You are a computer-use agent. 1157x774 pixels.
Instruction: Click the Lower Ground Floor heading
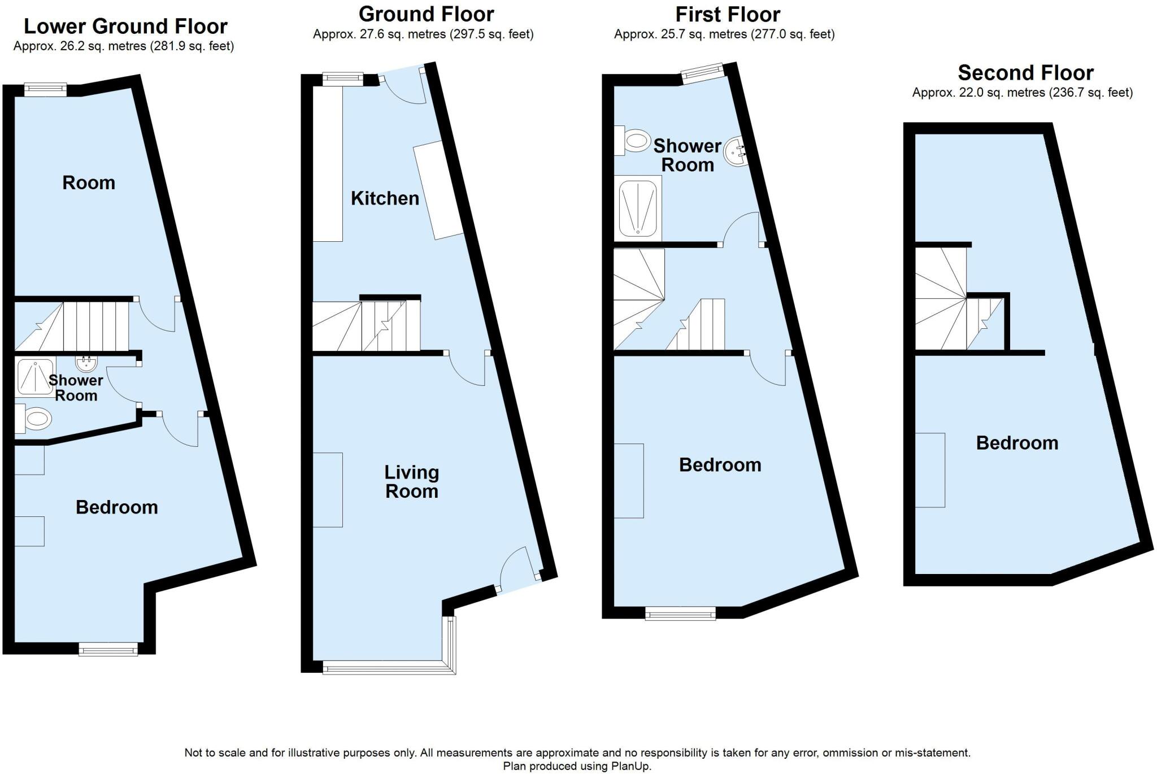(125, 27)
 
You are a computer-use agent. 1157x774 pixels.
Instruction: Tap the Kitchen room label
(385, 198)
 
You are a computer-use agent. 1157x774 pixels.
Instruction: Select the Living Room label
(412, 482)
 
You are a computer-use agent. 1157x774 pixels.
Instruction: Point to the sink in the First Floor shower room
(737, 152)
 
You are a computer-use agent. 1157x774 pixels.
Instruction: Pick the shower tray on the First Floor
(638, 208)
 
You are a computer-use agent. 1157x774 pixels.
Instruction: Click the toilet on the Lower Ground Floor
(34, 419)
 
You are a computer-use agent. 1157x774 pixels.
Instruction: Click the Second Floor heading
(1025, 73)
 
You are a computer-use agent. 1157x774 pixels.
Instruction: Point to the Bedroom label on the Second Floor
(1017, 443)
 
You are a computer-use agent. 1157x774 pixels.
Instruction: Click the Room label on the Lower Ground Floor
(89, 183)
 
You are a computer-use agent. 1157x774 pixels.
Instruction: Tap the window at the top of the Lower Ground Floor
(46, 90)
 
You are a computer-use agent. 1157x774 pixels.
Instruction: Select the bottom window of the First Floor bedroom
(681, 614)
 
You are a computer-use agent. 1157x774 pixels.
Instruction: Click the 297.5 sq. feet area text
(491, 34)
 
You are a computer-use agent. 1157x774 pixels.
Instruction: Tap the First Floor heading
(728, 14)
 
